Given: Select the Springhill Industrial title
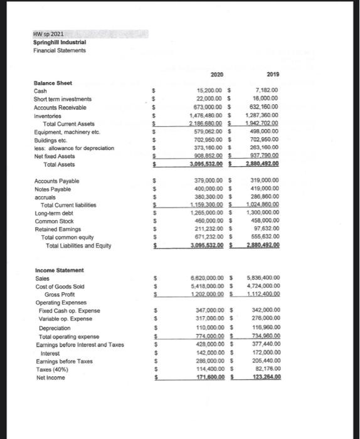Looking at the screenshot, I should point(61,43).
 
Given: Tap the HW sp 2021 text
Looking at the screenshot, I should point(50,34).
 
